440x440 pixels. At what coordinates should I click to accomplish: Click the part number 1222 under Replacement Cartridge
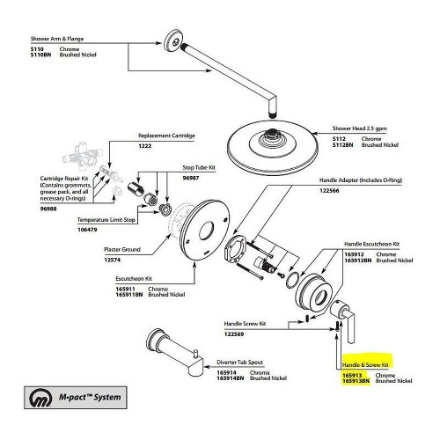coord(146,147)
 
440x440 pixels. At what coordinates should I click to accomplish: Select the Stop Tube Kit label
coord(199,165)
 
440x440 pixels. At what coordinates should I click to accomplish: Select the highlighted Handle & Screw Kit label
coord(365,363)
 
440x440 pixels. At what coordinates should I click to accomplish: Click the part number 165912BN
coord(354,260)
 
